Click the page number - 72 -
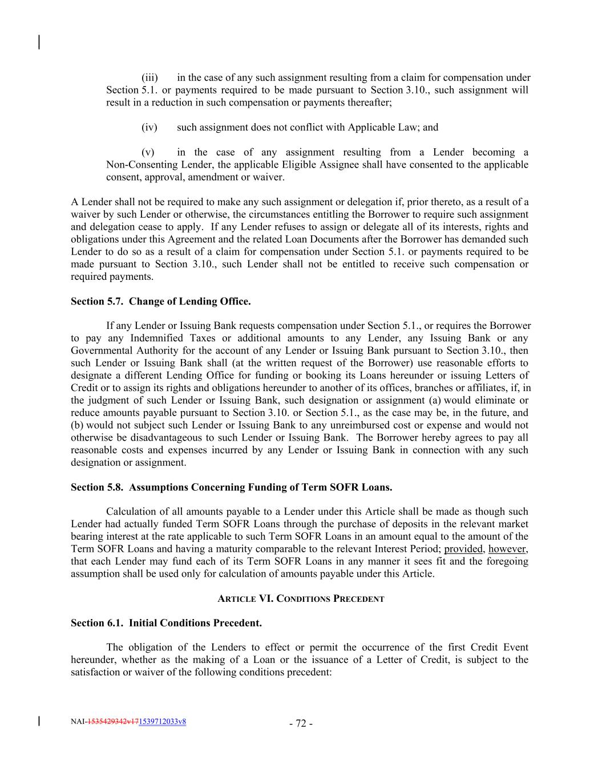[301, 724]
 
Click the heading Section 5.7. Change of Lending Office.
[160, 302]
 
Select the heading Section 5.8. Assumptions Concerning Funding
[231, 487]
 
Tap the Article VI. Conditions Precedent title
[301, 598]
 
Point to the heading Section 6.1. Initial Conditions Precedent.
[166, 623]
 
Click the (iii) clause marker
[150, 78]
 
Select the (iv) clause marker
[149, 127]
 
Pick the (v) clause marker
[148, 152]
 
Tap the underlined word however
[508, 549]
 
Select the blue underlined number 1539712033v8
[162, 722]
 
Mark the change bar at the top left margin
[39, 42]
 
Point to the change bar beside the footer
[39, 721]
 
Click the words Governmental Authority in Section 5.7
[120, 351]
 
